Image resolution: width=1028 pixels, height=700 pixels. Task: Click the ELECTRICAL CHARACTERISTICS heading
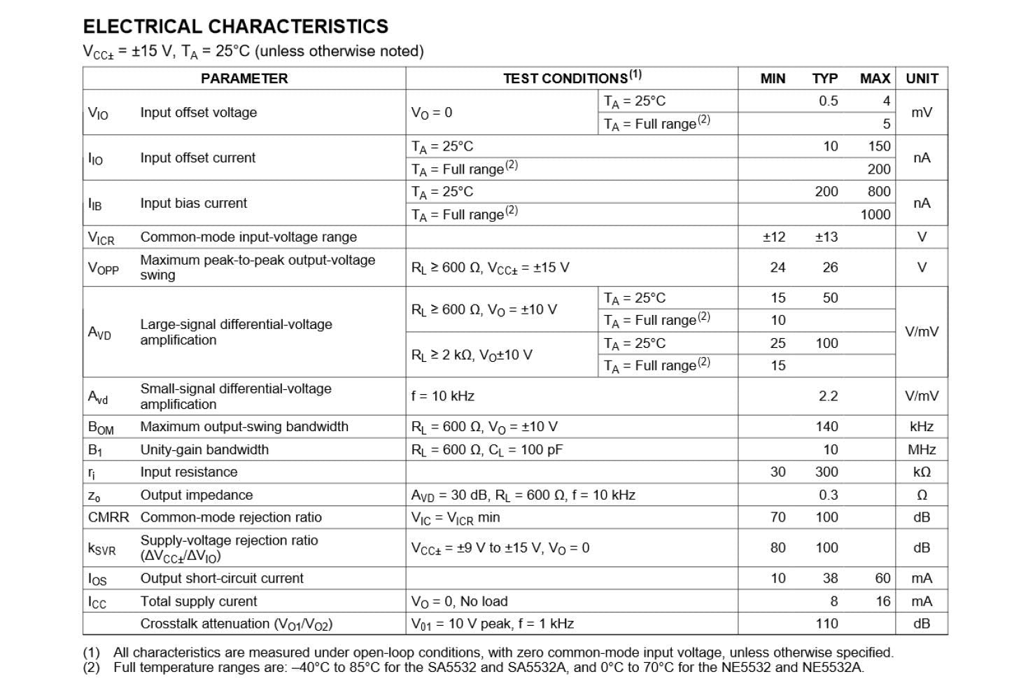click(x=235, y=27)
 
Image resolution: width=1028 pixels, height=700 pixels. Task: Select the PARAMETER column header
click(x=244, y=78)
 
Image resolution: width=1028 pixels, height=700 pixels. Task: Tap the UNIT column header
click(x=922, y=78)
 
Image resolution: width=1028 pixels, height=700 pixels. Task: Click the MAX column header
click(x=875, y=78)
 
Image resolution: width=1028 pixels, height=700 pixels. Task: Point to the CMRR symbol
click(x=108, y=517)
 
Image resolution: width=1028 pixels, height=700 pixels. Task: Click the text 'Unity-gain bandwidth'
click(x=204, y=449)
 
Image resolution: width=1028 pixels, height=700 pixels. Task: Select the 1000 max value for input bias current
click(x=875, y=214)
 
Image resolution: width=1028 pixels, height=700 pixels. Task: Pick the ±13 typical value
click(x=826, y=237)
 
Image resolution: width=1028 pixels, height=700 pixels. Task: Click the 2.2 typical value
click(x=828, y=396)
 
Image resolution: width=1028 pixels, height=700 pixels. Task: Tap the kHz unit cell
click(x=922, y=426)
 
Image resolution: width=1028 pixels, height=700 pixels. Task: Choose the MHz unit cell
click(x=922, y=449)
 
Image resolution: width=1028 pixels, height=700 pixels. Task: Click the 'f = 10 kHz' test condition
click(x=443, y=396)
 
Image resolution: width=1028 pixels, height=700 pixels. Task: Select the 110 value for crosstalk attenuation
click(x=826, y=624)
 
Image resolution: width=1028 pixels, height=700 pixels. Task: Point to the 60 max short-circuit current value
click(x=882, y=578)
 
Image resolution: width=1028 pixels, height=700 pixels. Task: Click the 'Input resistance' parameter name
click(x=189, y=472)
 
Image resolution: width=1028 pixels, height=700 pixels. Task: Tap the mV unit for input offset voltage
click(x=922, y=112)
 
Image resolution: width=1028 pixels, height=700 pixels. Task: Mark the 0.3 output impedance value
click(x=828, y=495)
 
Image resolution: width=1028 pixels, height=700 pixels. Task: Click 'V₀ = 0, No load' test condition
click(x=459, y=601)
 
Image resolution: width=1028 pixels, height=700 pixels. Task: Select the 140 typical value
click(x=826, y=426)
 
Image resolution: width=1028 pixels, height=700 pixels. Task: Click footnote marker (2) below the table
click(x=92, y=667)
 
